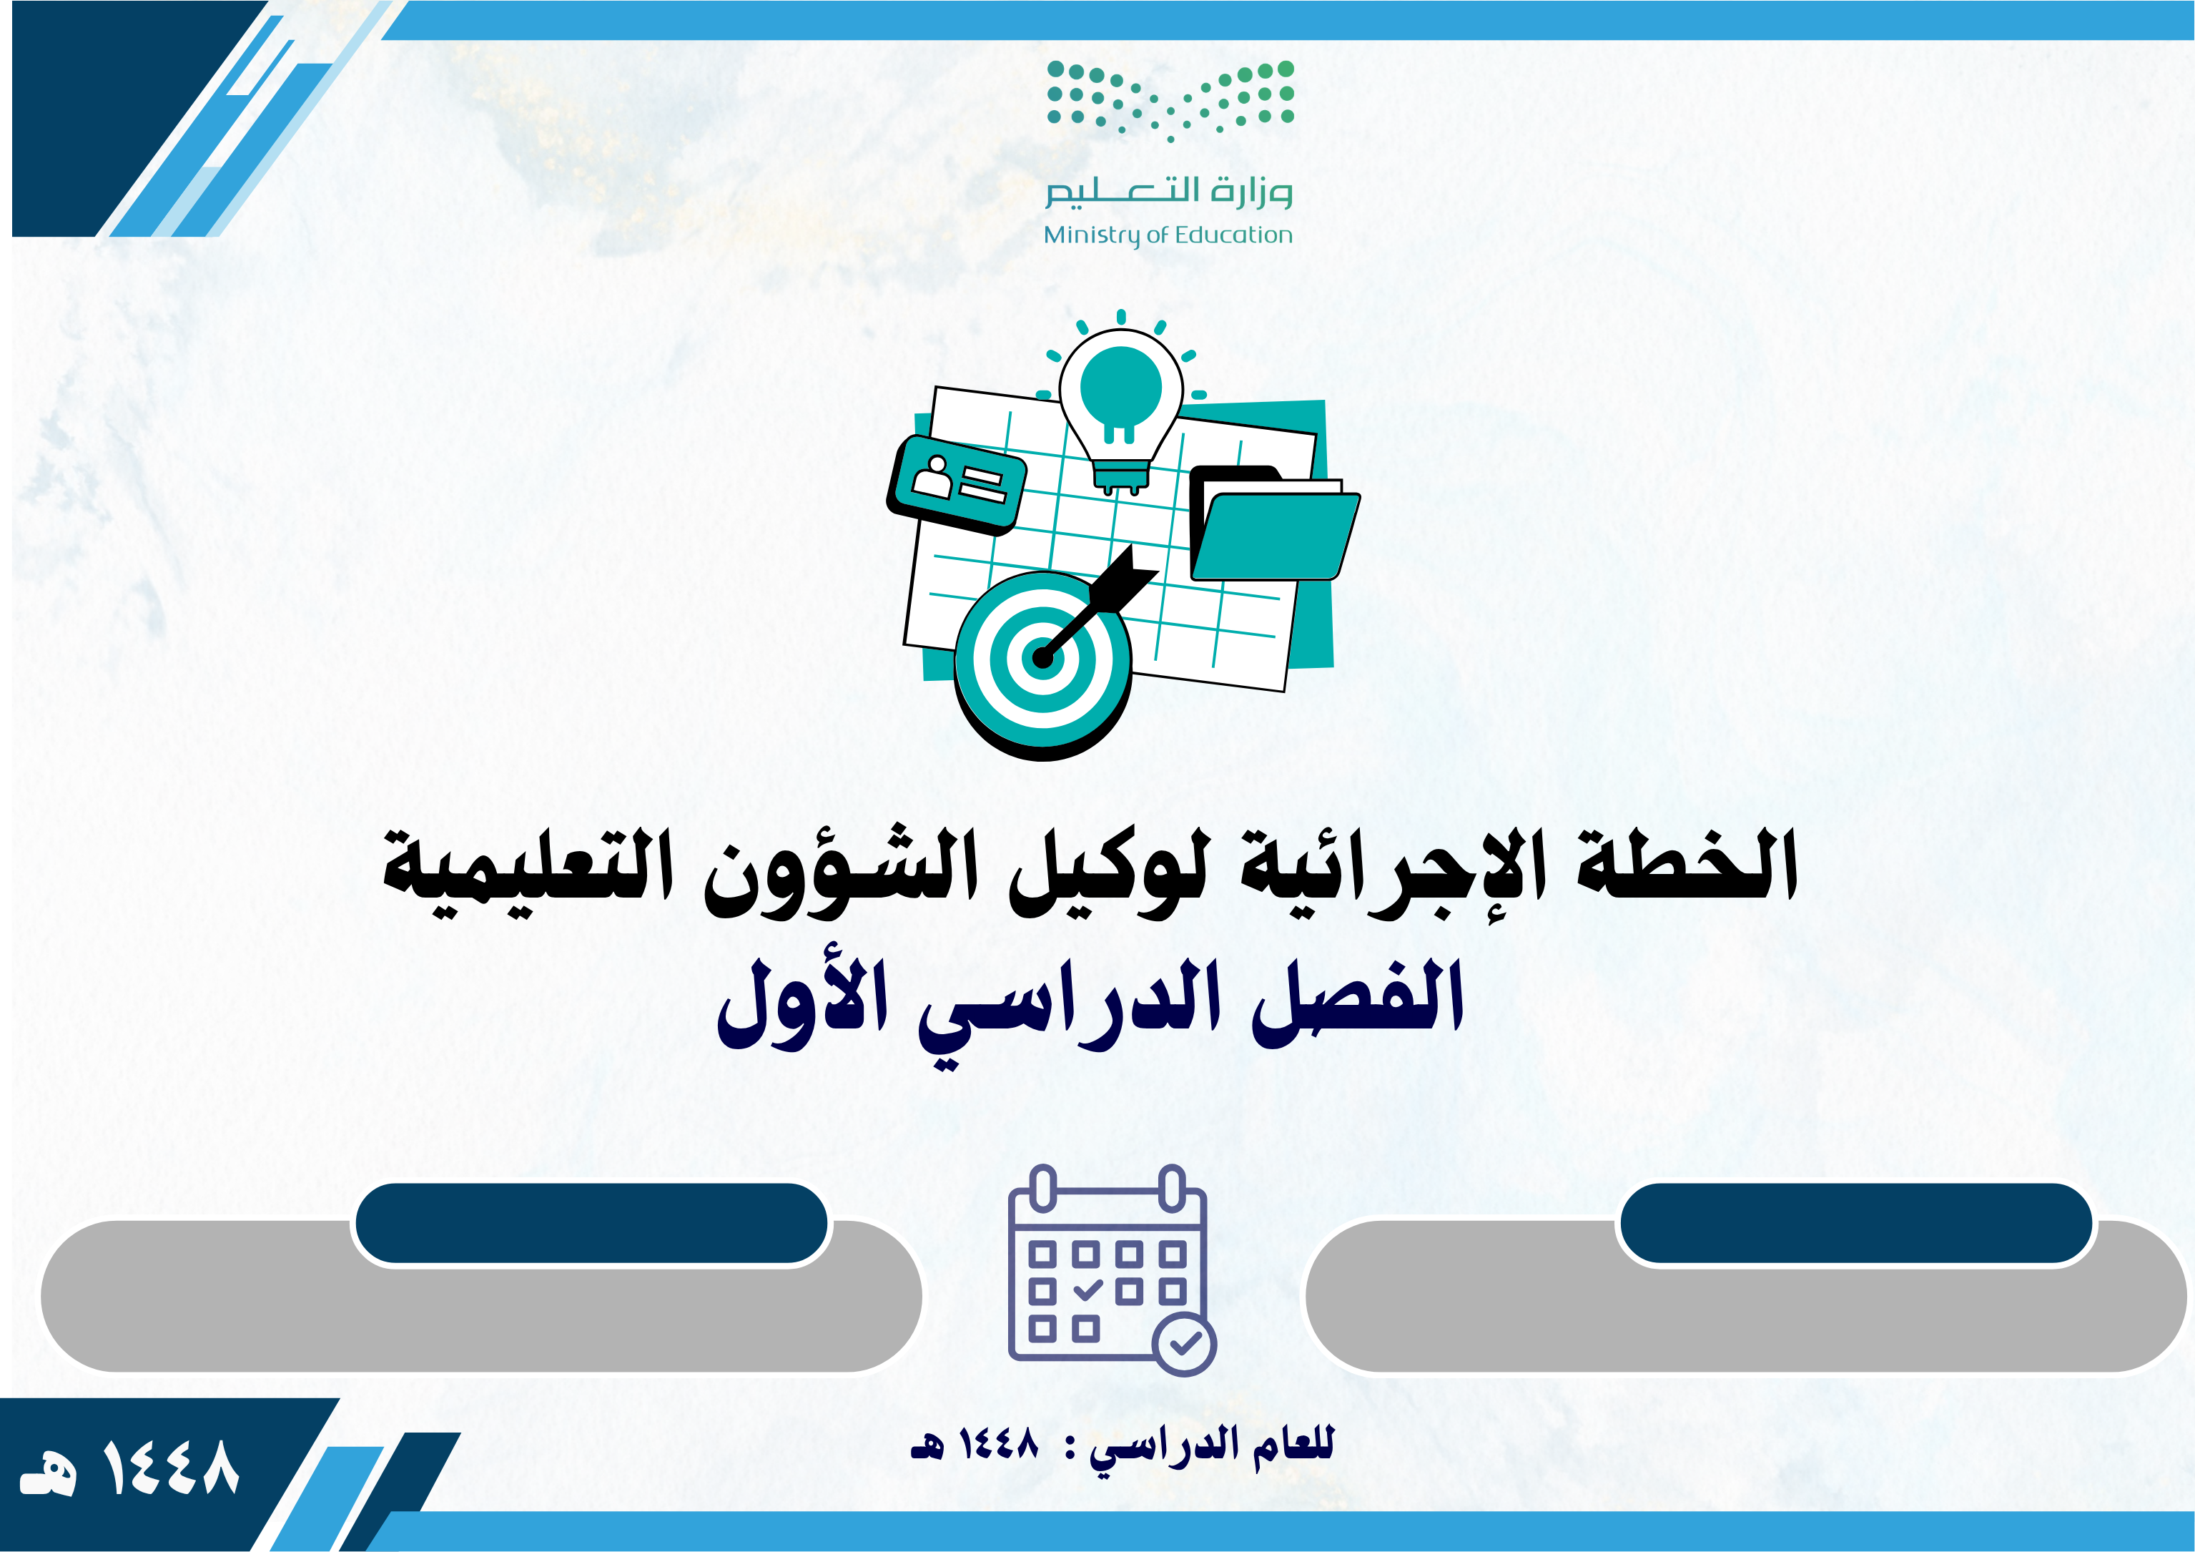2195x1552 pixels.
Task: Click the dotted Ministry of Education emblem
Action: pos(1170,100)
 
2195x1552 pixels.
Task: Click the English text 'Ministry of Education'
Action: pos(1168,235)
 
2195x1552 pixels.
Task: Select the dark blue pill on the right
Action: pos(1855,1223)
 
